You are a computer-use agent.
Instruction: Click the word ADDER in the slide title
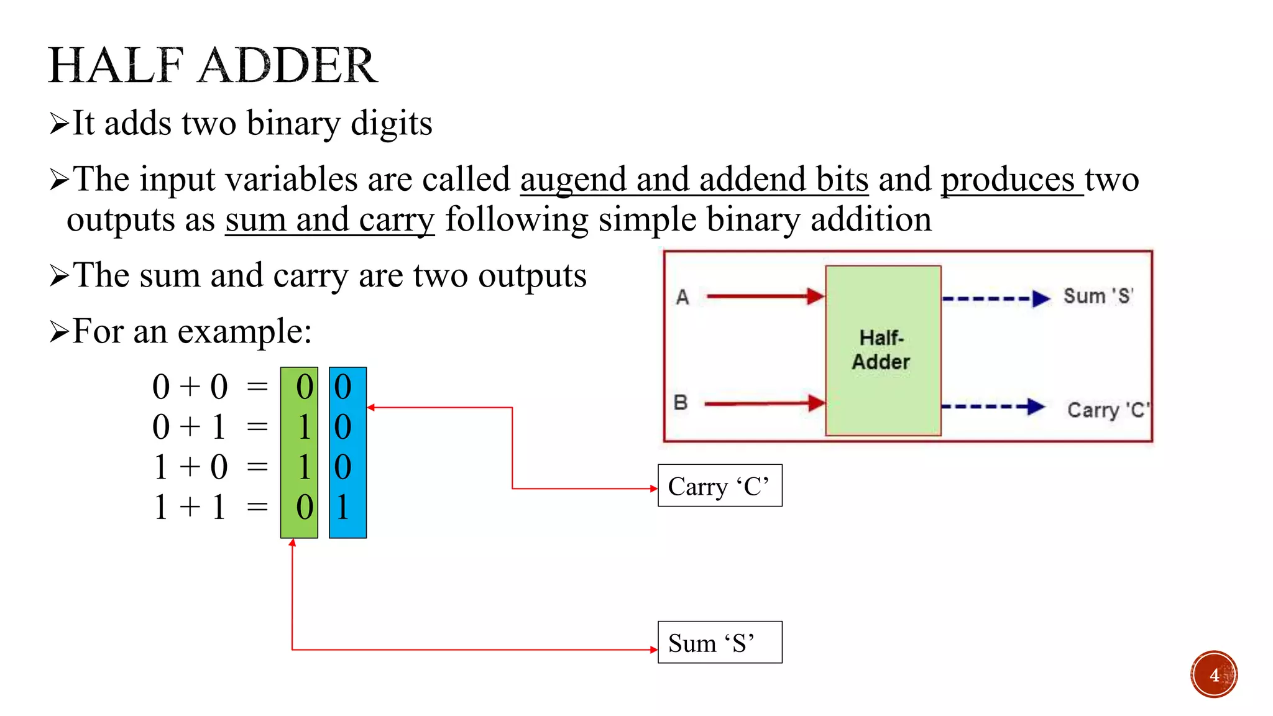point(288,65)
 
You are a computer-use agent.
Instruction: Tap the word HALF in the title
point(116,65)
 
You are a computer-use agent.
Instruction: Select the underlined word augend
point(572,180)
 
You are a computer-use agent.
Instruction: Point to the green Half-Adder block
point(883,350)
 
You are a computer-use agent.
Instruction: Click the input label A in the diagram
point(682,297)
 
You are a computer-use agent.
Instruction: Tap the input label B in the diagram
point(681,403)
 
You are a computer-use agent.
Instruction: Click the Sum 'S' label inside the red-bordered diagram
point(1098,296)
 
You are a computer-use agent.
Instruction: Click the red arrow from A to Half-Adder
point(765,296)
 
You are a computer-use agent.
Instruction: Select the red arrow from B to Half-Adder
point(764,403)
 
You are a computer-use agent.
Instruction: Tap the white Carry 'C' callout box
point(720,485)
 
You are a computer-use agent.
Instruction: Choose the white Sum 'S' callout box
point(720,642)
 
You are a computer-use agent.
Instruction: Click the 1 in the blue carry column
point(342,507)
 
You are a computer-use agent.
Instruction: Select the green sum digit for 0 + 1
point(304,427)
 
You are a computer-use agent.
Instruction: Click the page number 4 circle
point(1214,674)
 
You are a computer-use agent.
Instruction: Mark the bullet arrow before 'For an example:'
point(59,332)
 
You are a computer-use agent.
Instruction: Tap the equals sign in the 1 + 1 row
point(257,507)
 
